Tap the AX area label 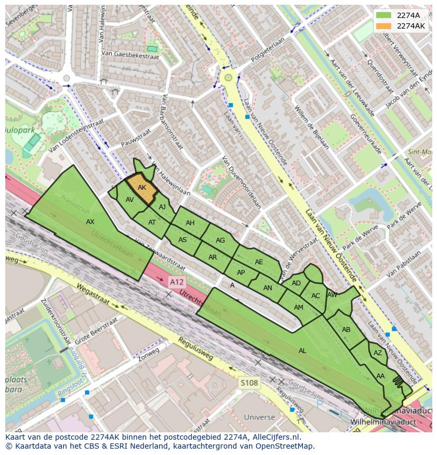tap(90, 222)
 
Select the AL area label tap(302, 351)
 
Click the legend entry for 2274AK tap(411, 25)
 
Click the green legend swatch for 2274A tap(384, 15)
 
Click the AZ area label tap(377, 353)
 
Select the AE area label tap(259, 262)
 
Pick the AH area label tap(190, 223)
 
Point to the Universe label tap(259, 417)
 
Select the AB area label tap(346, 330)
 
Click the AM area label tap(299, 308)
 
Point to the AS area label tap(183, 240)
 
